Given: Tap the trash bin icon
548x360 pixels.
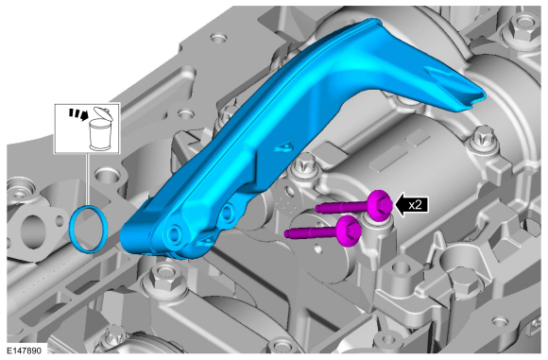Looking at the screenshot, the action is (100, 129).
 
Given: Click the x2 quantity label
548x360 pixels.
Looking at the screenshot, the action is (415, 205).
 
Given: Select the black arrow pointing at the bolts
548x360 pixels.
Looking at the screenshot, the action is (411, 205).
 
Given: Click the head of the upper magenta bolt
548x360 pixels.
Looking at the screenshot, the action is (381, 205).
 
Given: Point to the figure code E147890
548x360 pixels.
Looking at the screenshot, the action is (24, 351).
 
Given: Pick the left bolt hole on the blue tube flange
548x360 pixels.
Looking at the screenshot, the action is (174, 233).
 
